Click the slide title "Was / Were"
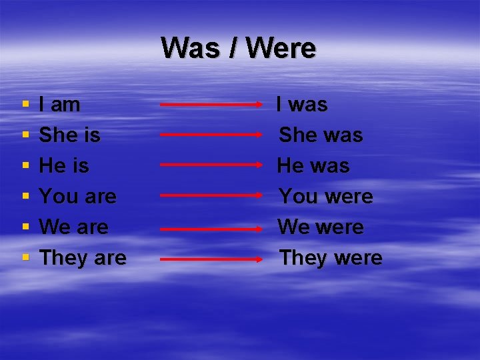click(x=239, y=48)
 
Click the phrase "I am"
click(x=60, y=105)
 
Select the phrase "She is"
click(x=70, y=135)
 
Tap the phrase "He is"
click(x=64, y=165)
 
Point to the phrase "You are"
click(x=78, y=197)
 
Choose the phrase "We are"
click(x=74, y=227)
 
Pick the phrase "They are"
click(x=83, y=258)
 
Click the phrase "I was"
click(x=302, y=105)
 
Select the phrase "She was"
click(x=321, y=135)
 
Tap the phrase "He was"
click(x=313, y=165)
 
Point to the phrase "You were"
click(x=326, y=197)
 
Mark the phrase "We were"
click(x=321, y=227)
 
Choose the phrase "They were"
click(x=331, y=258)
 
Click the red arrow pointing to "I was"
click(x=212, y=105)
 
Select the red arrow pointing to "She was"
click(x=212, y=134)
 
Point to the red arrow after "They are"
click(x=212, y=258)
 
